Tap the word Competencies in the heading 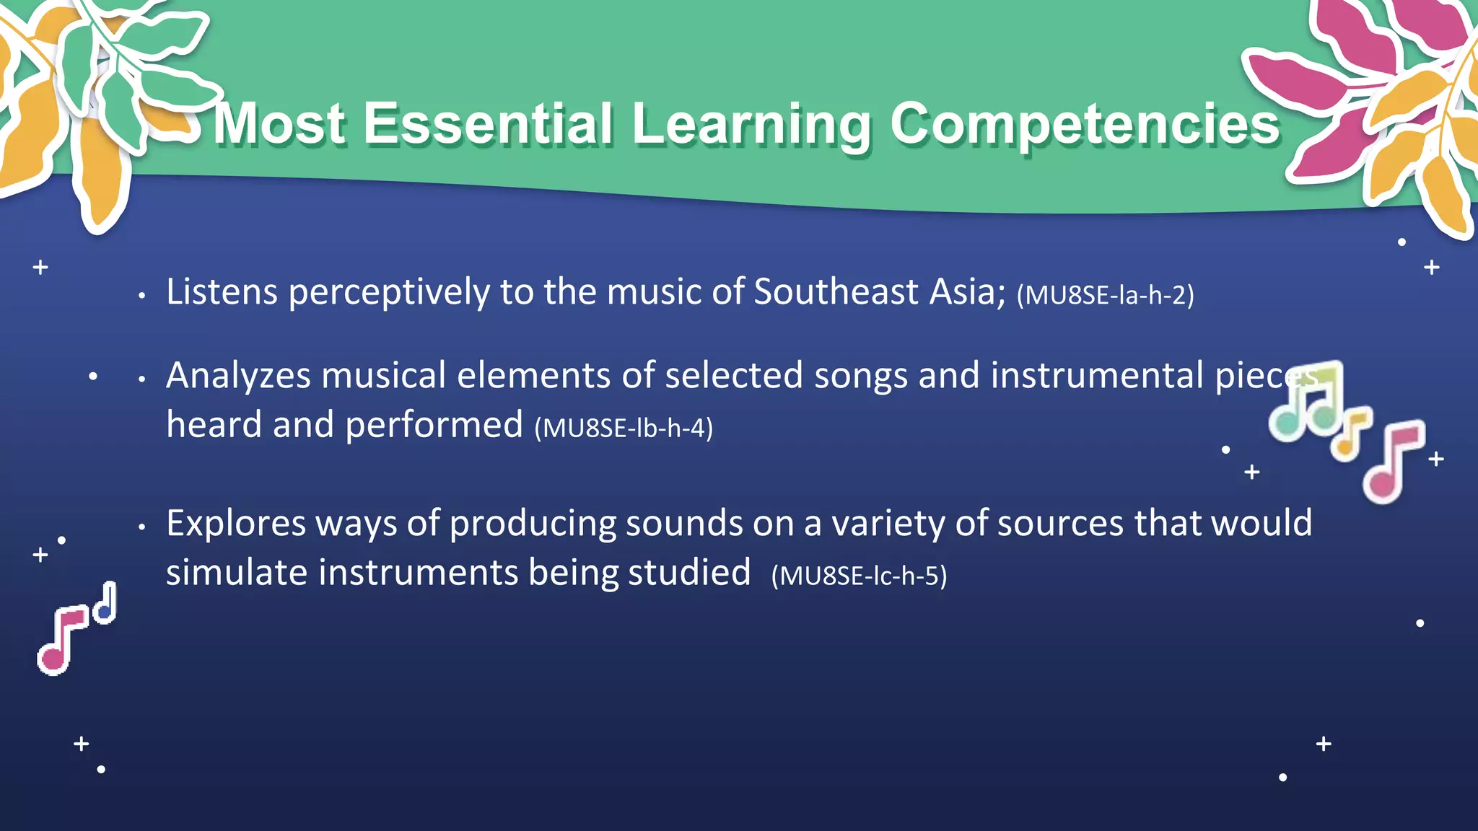coord(1085,124)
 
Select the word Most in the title coord(280,124)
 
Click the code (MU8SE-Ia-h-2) coord(1105,295)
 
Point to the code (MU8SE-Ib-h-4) coord(624,428)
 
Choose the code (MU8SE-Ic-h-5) coord(859,576)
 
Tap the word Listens coord(222,292)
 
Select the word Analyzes coord(238,376)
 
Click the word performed coord(434,425)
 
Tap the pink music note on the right coord(1393,462)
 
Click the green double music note coord(1306,404)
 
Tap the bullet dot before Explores coord(142,527)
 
